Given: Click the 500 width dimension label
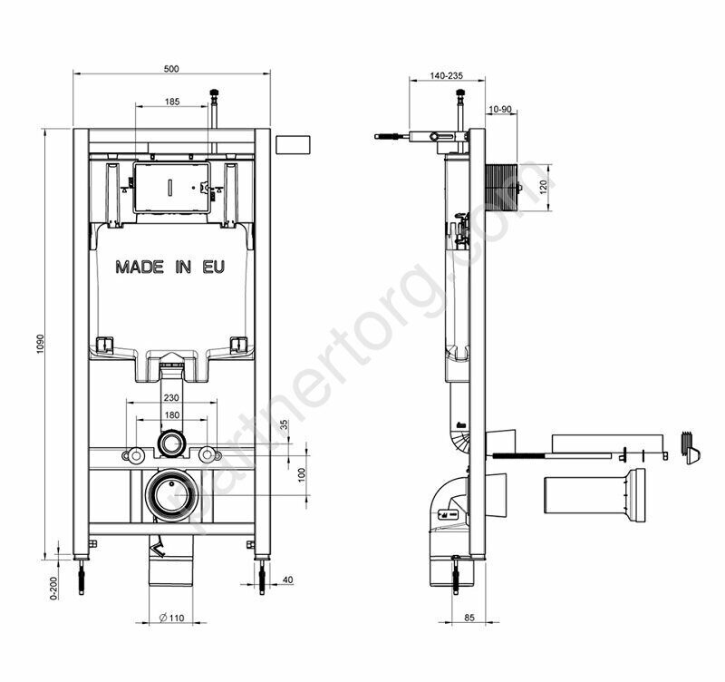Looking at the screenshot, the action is [x=171, y=69].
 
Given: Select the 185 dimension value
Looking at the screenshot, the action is [x=172, y=102].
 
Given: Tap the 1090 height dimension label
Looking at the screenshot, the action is [x=40, y=345].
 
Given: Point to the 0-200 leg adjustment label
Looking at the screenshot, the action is [x=54, y=588].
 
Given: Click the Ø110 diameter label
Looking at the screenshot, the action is [x=171, y=618].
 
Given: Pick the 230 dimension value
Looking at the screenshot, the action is [x=171, y=398].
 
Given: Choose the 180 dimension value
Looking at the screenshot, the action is [x=172, y=415].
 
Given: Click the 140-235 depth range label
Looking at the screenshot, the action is [x=446, y=75].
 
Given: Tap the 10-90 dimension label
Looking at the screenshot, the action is [x=500, y=109].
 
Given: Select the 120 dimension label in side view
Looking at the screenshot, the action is [x=544, y=187].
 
